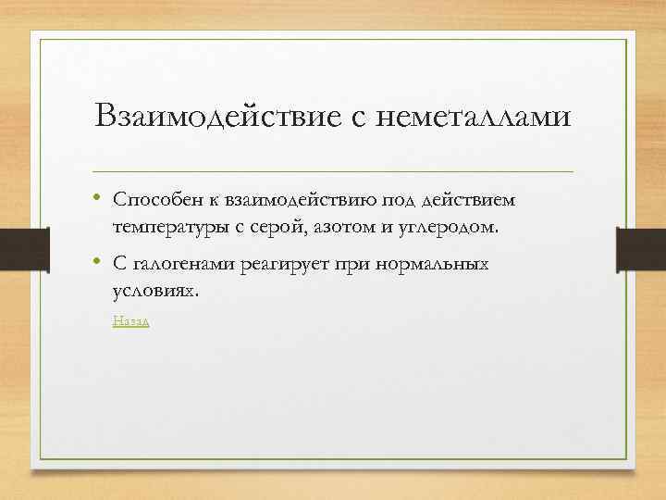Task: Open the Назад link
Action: pos(130,321)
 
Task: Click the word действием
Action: pos(471,201)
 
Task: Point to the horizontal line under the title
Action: pos(333,172)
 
